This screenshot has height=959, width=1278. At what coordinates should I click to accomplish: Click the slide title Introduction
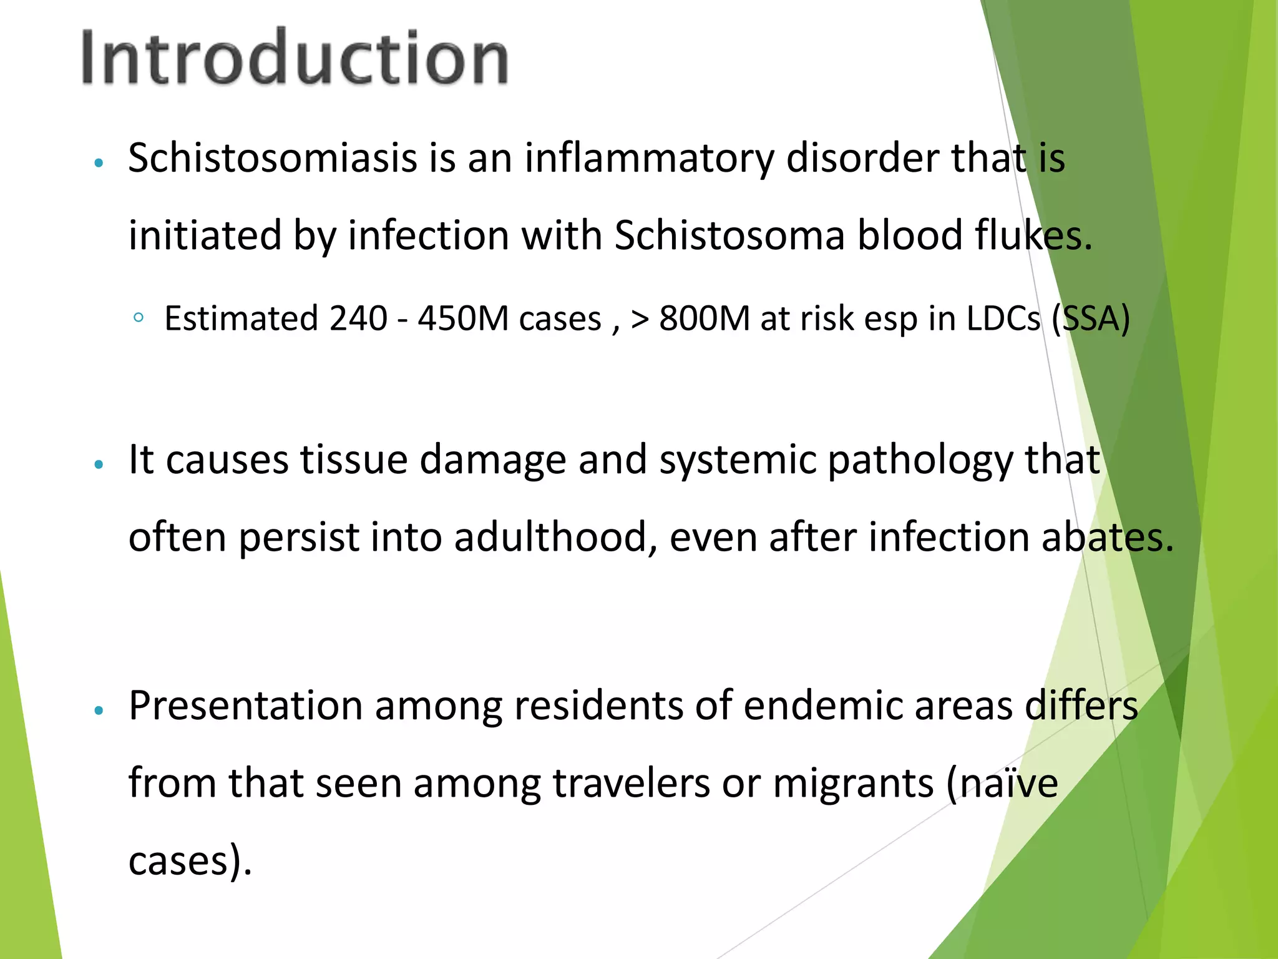(x=295, y=57)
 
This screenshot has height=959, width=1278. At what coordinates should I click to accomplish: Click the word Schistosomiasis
(x=273, y=158)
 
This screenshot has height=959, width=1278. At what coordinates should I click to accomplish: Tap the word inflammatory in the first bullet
(x=649, y=158)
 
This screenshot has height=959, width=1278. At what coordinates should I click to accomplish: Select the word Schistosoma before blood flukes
(x=729, y=235)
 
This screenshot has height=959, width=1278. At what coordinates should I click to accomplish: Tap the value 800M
(x=704, y=318)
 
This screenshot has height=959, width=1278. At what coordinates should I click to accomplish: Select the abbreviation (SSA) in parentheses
(x=1091, y=318)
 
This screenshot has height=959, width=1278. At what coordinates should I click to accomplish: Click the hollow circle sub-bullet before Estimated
(x=139, y=318)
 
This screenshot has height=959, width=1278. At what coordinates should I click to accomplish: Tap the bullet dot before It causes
(x=98, y=465)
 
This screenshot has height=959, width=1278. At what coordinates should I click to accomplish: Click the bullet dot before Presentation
(x=98, y=711)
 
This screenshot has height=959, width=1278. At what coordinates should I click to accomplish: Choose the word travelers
(x=631, y=783)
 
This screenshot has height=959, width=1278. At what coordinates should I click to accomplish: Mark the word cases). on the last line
(x=190, y=861)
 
